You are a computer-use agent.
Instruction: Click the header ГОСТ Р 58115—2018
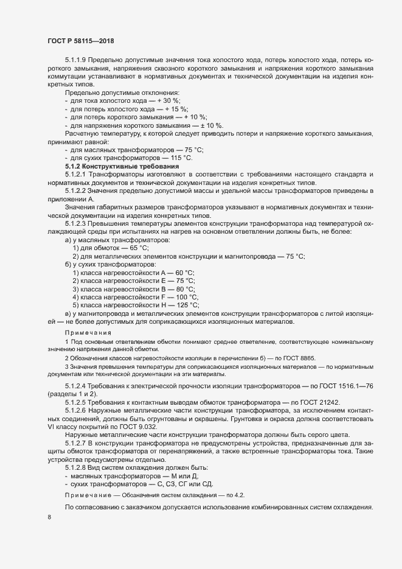pyautogui.click(x=80, y=40)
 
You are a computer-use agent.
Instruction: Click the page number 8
pyautogui.click(x=49, y=517)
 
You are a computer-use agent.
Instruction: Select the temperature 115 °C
pyautogui.click(x=181, y=158)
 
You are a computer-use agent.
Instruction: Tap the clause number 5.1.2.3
pyautogui.click(x=77, y=223)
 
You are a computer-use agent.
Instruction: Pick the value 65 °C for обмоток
pyautogui.click(x=136, y=248)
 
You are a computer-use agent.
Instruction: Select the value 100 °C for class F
pyautogui.click(x=185, y=297)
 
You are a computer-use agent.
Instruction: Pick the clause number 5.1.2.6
pyautogui.click(x=77, y=412)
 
